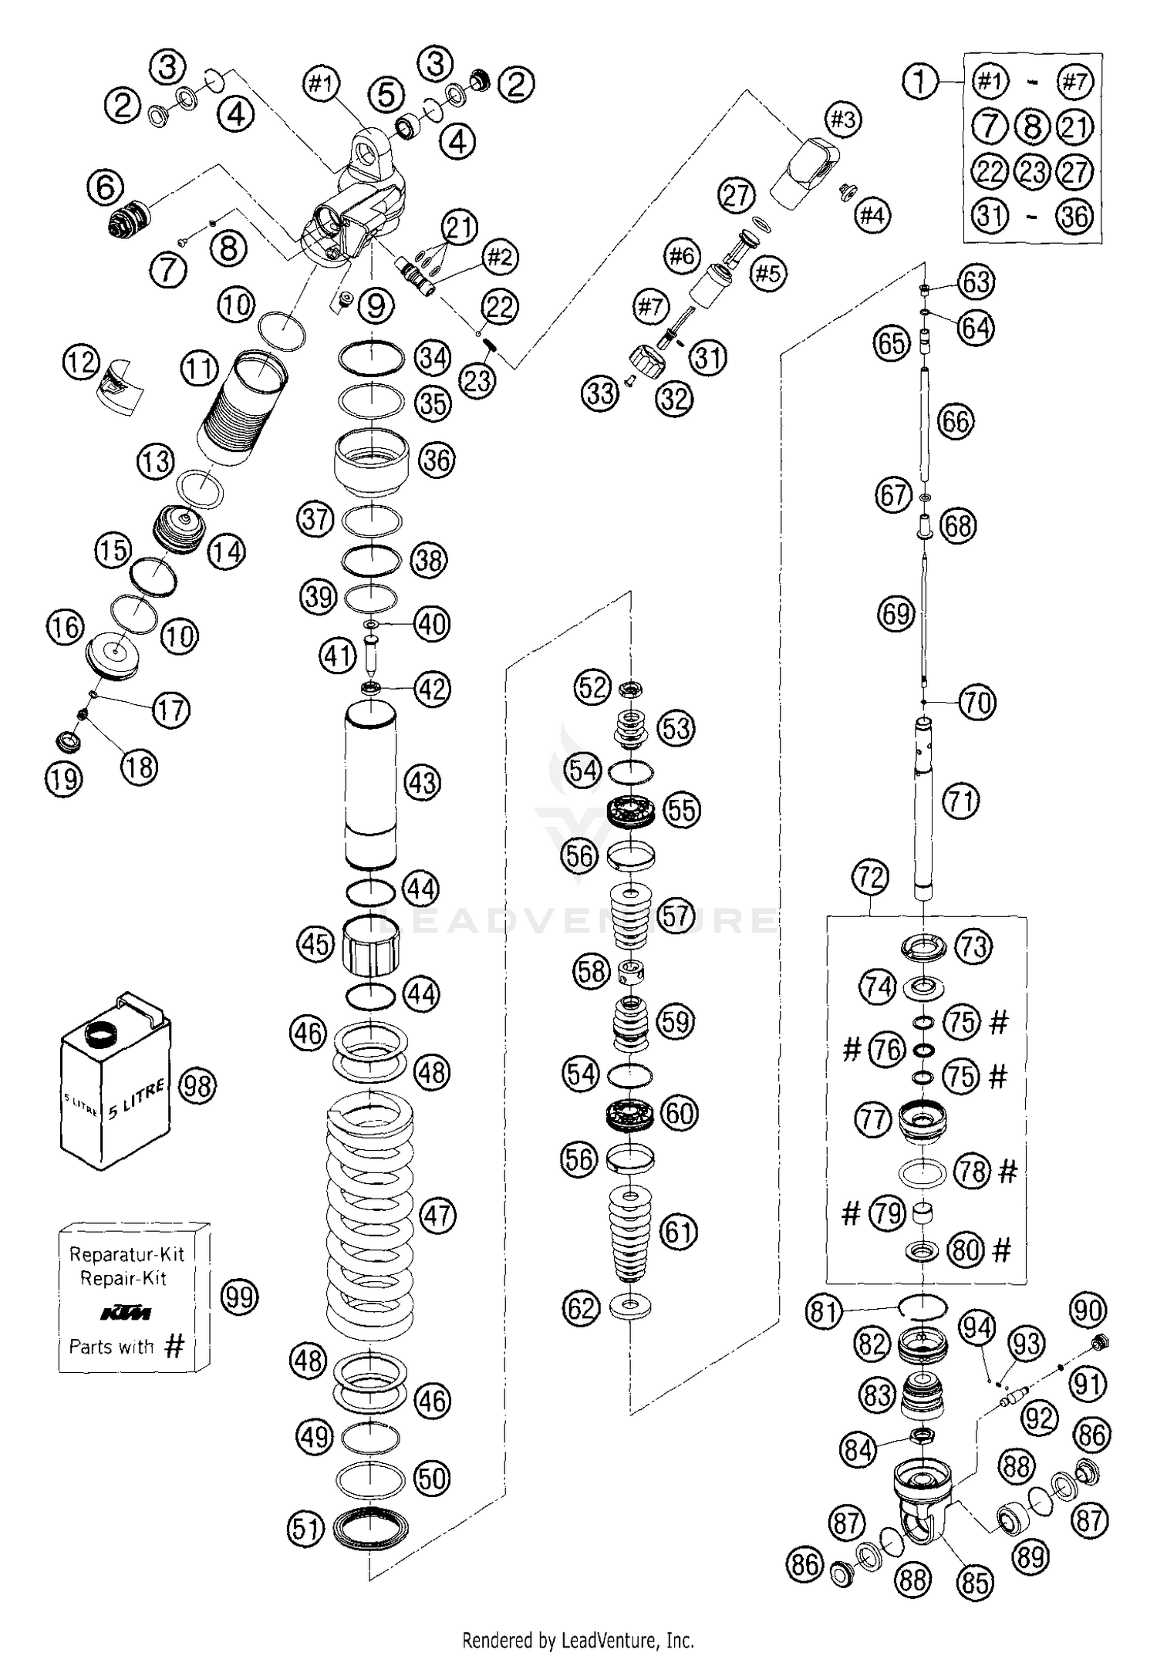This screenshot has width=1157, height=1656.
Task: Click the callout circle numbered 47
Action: [x=437, y=1216]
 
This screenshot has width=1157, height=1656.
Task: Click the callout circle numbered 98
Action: [x=197, y=1086]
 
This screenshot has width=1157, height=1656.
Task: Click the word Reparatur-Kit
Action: [x=127, y=1254]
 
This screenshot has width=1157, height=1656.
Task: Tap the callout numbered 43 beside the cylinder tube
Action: [x=422, y=783]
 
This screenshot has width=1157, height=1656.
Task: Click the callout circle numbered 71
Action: [x=961, y=801]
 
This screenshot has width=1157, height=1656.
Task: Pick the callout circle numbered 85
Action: [x=975, y=1583]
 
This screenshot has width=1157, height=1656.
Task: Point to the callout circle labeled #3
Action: [x=842, y=120]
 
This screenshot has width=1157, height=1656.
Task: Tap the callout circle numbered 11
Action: [x=200, y=369]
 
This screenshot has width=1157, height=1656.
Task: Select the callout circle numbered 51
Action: [x=306, y=1528]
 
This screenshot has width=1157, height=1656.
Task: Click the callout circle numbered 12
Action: [x=82, y=363]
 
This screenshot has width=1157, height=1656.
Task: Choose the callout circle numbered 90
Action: [x=1088, y=1310]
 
